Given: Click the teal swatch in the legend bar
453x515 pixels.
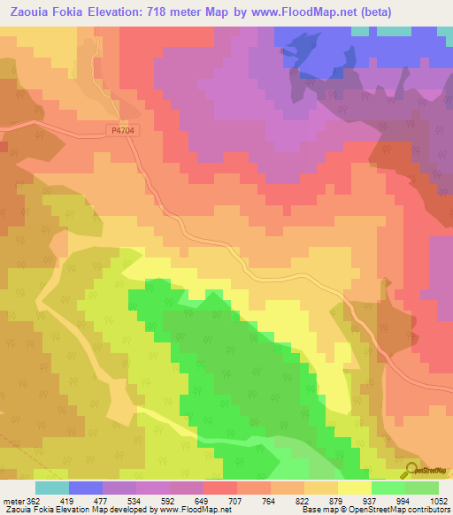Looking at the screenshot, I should [x=51, y=488].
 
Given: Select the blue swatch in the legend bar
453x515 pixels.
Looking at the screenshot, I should [x=85, y=488].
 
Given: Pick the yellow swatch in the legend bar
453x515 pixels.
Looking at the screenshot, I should [x=354, y=488].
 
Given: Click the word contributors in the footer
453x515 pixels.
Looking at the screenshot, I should [x=429, y=510].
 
